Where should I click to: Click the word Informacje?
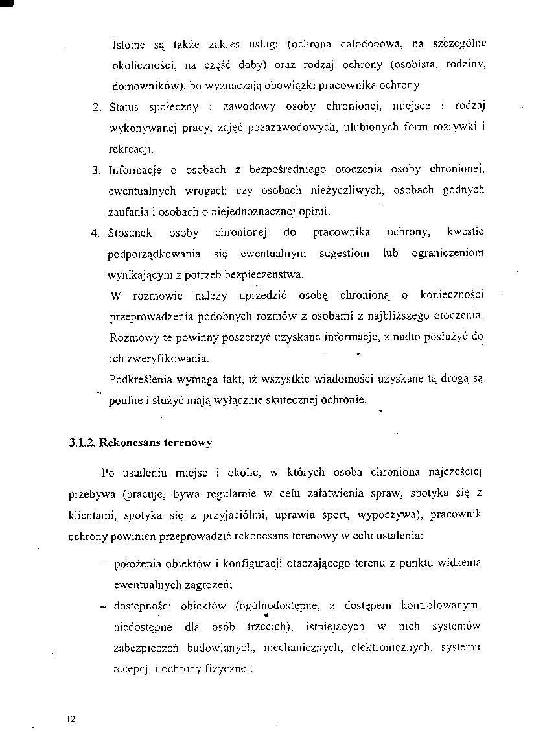coord(135,171)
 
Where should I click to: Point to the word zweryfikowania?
coord(159,359)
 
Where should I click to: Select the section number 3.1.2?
coord(82,444)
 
